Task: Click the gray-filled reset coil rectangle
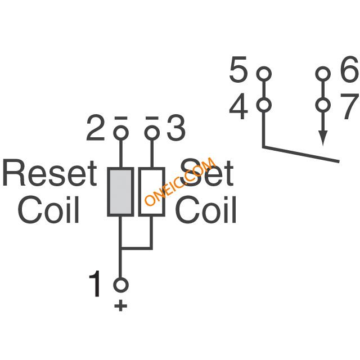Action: point(120,192)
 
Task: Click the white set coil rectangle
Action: point(151,192)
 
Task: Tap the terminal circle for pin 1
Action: point(121,285)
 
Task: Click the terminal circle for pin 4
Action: point(264,105)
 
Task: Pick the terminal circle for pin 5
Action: point(264,74)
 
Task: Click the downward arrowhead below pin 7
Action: point(323,138)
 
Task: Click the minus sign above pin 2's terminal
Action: point(121,118)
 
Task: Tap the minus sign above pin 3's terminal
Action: point(152,118)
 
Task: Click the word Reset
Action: point(49,173)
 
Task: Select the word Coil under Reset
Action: point(48,209)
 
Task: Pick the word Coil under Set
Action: point(206,209)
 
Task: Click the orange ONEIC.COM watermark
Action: point(180,181)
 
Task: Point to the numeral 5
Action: point(238,69)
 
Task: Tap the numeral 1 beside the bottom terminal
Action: point(95,283)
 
